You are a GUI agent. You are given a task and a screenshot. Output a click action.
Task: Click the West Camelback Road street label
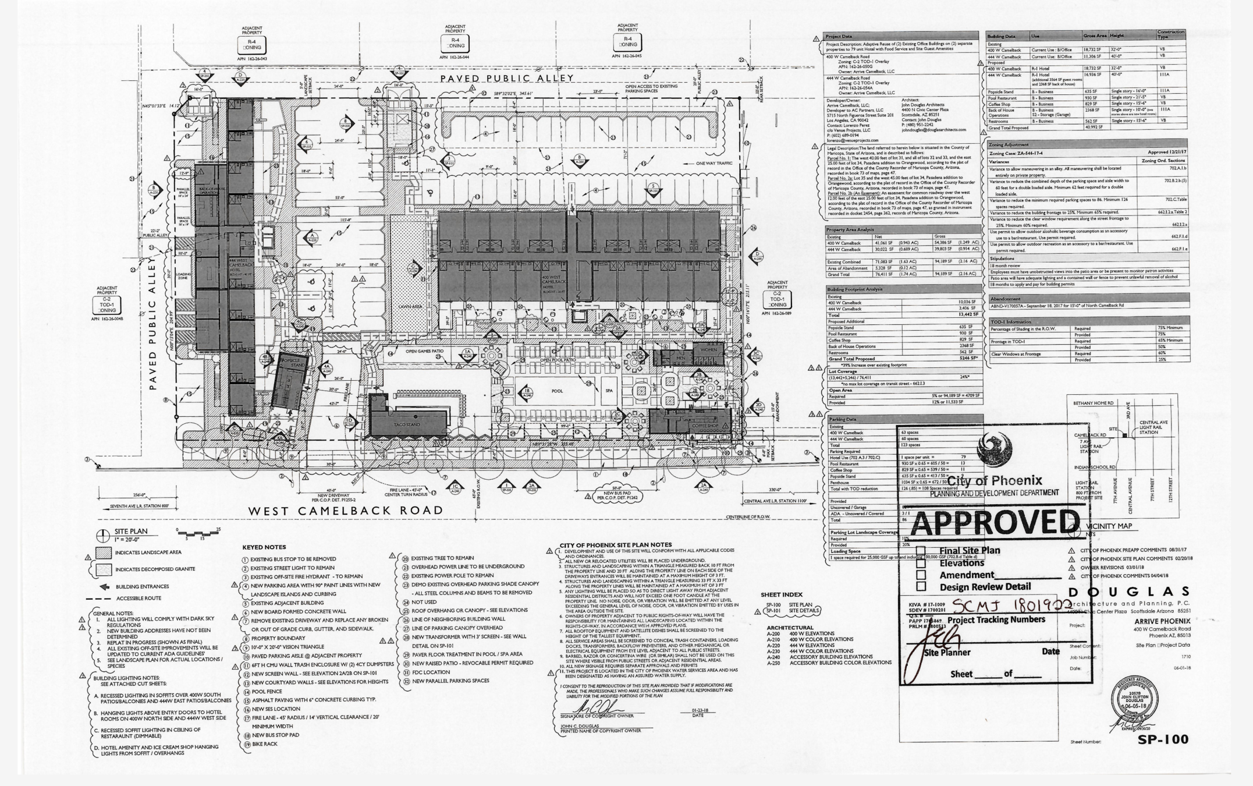tap(346, 511)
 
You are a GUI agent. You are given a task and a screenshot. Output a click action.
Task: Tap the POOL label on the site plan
tap(557, 391)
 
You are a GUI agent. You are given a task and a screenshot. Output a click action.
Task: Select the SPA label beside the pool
tap(609, 391)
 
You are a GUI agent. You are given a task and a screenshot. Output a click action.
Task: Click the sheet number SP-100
tap(1163, 739)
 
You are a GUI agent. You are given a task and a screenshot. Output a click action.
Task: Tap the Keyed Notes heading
tap(264, 547)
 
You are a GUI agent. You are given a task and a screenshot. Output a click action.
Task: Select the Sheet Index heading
tap(781, 594)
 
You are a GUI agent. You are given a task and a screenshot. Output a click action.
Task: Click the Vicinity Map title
tap(1109, 526)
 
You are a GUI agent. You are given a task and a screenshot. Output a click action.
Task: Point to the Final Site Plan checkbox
tap(921, 550)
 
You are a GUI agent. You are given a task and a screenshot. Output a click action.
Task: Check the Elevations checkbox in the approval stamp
tap(921, 562)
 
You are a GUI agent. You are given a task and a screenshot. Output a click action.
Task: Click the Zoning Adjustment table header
tap(1009, 144)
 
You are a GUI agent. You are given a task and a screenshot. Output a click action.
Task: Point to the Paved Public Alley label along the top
tap(506, 79)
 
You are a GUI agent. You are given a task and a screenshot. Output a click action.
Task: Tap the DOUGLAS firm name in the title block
tap(1129, 592)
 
